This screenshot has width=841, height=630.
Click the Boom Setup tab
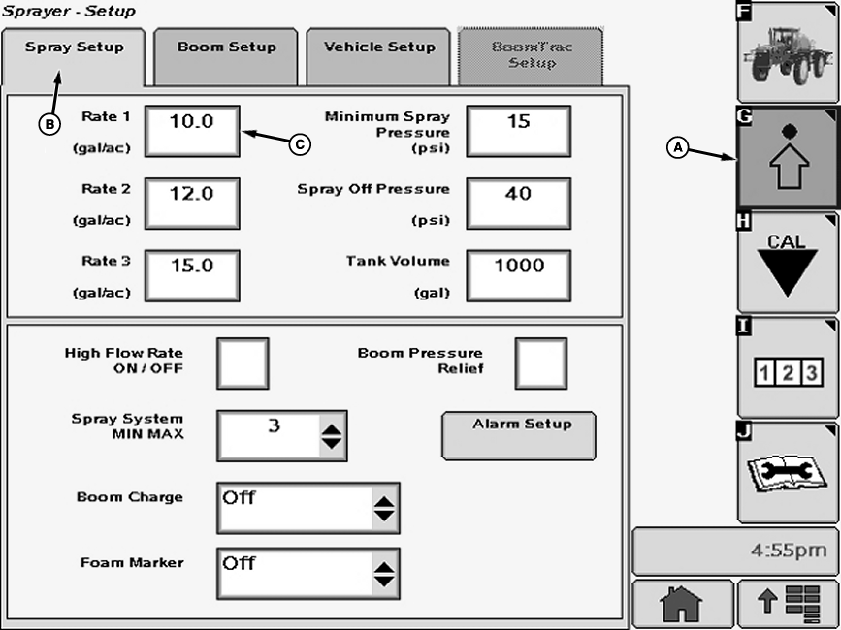click(226, 56)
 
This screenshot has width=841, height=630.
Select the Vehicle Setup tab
click(378, 56)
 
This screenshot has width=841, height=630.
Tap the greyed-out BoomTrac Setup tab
click(531, 56)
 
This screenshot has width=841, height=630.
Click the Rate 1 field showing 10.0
click(192, 131)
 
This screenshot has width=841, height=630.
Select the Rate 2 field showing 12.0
click(192, 204)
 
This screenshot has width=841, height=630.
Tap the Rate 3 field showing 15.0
click(192, 276)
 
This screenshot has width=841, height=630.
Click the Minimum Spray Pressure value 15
click(519, 131)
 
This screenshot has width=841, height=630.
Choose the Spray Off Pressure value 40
click(519, 204)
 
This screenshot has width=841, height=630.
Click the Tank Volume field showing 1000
click(519, 276)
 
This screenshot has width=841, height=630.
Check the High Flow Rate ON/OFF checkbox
click(243, 363)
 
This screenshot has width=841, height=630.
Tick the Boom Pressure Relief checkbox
click(541, 363)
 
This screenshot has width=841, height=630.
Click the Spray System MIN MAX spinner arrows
click(332, 436)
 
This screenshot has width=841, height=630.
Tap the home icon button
click(682, 604)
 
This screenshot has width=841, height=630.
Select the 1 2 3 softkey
click(788, 367)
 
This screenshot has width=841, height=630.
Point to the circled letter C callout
click(300, 144)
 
